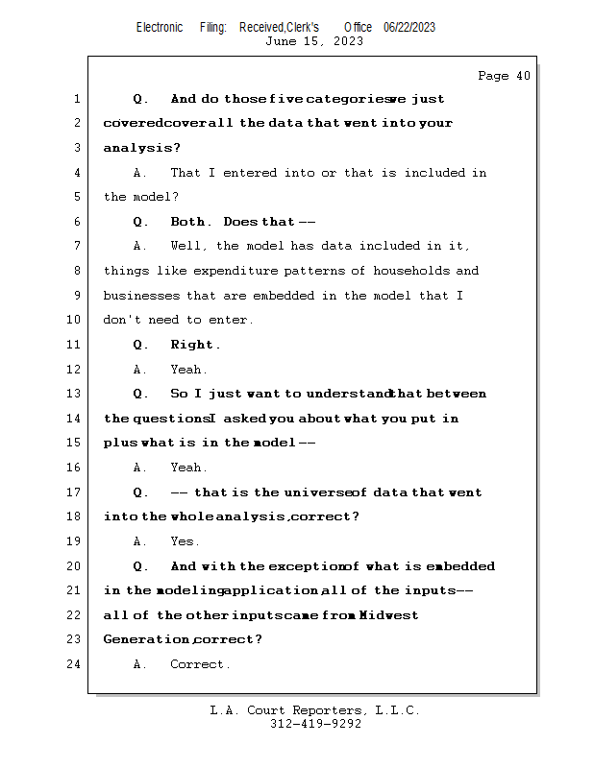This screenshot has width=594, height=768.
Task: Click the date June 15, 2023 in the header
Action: click(x=314, y=41)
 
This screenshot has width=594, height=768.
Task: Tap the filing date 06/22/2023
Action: click(x=409, y=27)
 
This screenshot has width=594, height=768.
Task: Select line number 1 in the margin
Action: click(x=76, y=99)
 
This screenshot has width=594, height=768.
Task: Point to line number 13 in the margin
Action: click(x=73, y=394)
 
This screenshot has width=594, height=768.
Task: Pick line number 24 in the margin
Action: click(x=73, y=664)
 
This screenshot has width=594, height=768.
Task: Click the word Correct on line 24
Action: click(x=198, y=664)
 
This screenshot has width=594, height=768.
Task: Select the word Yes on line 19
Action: click(x=184, y=541)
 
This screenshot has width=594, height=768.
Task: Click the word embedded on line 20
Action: click(x=458, y=566)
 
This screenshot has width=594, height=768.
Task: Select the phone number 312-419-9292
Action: click(x=315, y=724)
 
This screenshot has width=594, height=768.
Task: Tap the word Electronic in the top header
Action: click(x=160, y=27)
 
